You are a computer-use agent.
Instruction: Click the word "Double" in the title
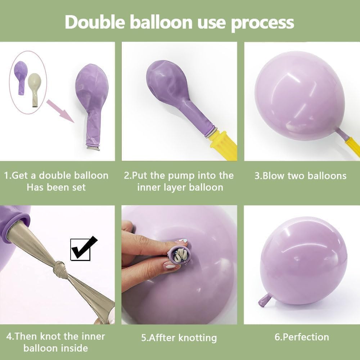[95, 22]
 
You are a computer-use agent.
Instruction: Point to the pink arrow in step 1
[60, 111]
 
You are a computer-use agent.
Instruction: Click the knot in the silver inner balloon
[60, 269]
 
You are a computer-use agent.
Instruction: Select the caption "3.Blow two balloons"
[301, 176]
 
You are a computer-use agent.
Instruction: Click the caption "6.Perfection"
[302, 337]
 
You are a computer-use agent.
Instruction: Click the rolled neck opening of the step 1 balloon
[93, 147]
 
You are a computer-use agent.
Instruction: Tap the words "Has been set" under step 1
[56, 187]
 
